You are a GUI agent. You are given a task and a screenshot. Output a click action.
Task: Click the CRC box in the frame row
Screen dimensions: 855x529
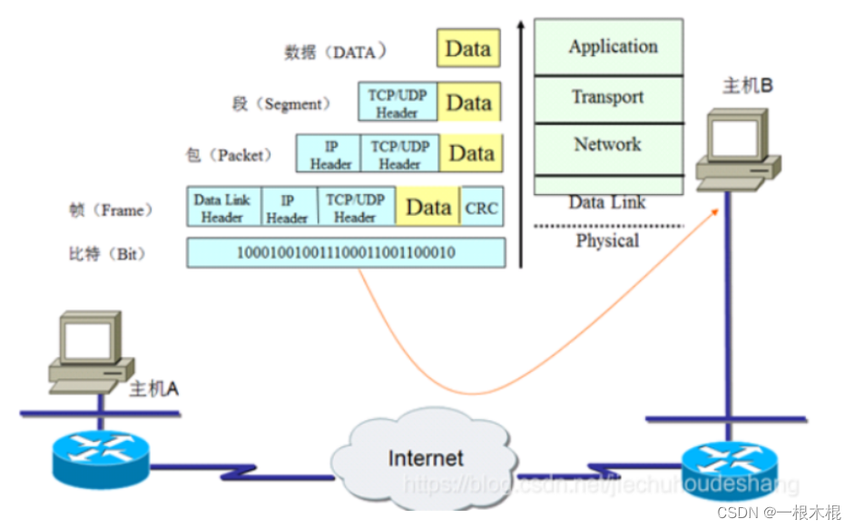point(481,207)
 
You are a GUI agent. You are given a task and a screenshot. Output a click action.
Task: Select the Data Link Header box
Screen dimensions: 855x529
point(223,207)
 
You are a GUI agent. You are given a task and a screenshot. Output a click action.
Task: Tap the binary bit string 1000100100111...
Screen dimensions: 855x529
point(346,252)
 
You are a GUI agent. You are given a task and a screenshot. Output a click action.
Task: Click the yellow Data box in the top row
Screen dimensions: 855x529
point(468,48)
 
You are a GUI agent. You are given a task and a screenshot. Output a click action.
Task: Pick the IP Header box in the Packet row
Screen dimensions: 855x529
point(329,153)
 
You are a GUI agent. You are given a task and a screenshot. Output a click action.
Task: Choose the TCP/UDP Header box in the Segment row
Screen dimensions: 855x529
point(398,102)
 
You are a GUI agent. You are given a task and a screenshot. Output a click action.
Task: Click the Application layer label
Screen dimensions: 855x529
point(613,47)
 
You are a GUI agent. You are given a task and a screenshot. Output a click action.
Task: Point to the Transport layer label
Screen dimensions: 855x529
point(608,97)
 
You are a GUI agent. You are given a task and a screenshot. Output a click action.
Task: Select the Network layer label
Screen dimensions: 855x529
point(607,144)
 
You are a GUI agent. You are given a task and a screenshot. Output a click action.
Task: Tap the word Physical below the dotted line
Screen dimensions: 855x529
point(607,240)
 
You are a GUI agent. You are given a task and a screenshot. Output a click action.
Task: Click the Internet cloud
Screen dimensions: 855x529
point(424,456)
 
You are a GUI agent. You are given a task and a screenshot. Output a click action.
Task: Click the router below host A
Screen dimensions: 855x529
point(101,458)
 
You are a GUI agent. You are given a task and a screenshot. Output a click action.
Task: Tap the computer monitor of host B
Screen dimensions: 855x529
point(738,136)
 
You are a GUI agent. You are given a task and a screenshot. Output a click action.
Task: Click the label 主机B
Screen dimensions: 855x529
point(748,85)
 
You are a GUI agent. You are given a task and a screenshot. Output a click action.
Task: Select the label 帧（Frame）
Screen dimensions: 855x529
point(111,210)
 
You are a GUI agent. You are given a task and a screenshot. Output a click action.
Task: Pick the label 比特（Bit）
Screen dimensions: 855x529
point(107,253)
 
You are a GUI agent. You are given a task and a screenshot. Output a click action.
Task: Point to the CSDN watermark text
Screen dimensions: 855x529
point(779,513)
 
